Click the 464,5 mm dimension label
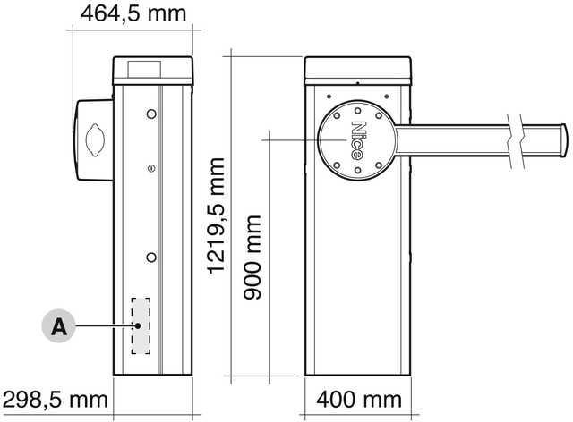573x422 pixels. [x=133, y=13]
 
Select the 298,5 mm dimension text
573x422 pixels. [x=56, y=400]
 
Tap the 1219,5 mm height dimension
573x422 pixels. [x=216, y=215]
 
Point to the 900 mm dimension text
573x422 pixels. [x=252, y=257]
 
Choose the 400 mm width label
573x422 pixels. [x=359, y=400]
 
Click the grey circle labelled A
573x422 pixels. [x=59, y=326]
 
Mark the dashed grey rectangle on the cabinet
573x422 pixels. [x=141, y=325]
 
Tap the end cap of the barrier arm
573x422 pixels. [x=564, y=140]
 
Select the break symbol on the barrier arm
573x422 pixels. [x=516, y=141]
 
